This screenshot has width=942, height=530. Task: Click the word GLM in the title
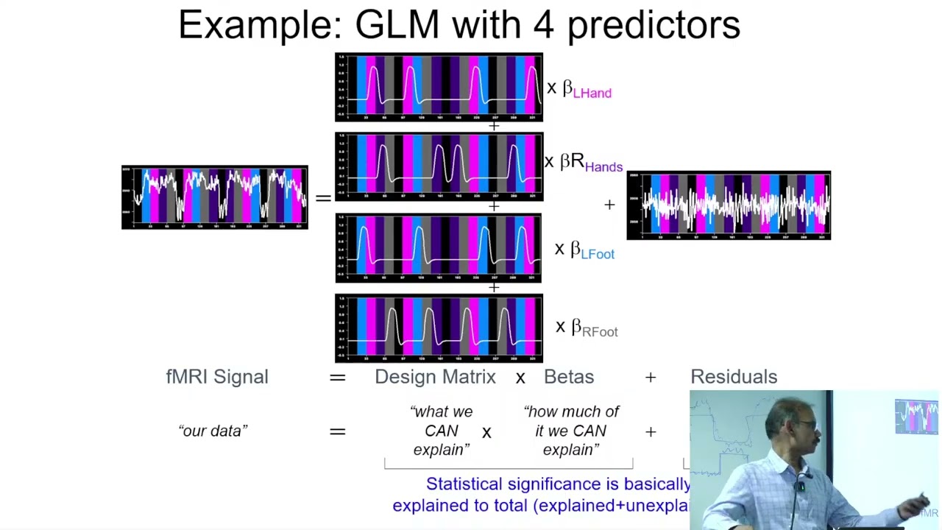(x=397, y=25)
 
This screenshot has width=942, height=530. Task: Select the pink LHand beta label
(x=591, y=93)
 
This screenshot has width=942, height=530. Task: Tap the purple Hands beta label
(x=603, y=167)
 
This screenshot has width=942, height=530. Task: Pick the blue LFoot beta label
(x=597, y=254)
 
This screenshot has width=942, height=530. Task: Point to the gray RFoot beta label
(x=599, y=331)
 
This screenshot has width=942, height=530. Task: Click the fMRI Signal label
(x=217, y=377)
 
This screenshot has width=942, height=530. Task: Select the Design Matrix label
(x=435, y=377)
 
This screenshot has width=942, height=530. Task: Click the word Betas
(x=568, y=377)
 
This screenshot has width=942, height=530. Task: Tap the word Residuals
(x=733, y=377)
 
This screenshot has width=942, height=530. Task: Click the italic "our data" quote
(x=213, y=431)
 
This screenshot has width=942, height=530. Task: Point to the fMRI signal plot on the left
(x=214, y=197)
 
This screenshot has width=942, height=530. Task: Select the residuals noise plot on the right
(x=729, y=205)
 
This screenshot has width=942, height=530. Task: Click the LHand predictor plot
(x=439, y=87)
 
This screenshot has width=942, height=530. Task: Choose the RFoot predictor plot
(x=439, y=328)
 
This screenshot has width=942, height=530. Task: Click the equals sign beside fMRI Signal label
(x=337, y=378)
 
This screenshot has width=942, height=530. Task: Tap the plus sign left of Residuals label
(x=651, y=378)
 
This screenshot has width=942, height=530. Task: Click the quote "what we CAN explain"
(x=441, y=431)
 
